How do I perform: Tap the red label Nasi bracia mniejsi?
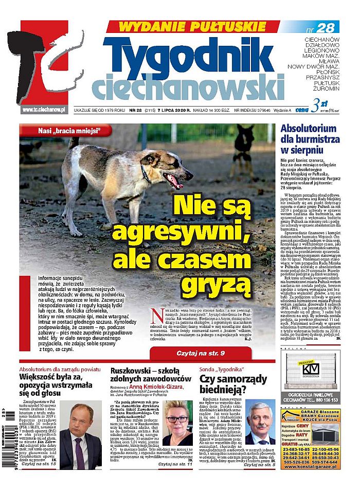tap(67, 131)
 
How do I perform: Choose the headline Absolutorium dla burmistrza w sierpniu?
tap(310, 139)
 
